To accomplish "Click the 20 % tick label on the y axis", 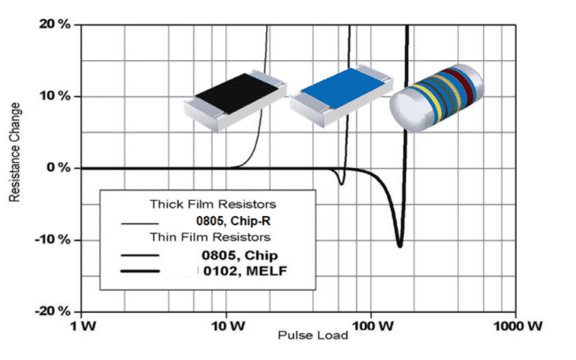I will click(55, 25).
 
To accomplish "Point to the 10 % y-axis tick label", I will click(55, 97).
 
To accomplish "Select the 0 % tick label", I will click(58, 168).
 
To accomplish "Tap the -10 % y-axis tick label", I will click(52, 240).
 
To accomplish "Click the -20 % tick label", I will click(52, 311).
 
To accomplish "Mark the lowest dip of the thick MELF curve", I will click(399, 245).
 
